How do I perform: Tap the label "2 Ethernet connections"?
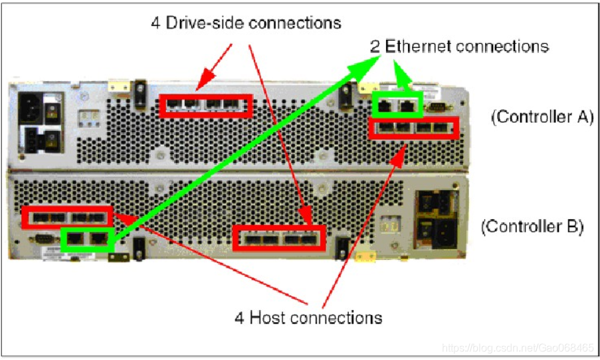459,46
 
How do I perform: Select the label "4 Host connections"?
308,317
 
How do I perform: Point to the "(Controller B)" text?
532,226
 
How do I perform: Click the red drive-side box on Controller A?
206,106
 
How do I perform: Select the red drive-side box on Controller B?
279,238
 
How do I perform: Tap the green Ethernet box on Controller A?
397,106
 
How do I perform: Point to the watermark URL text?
518,347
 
